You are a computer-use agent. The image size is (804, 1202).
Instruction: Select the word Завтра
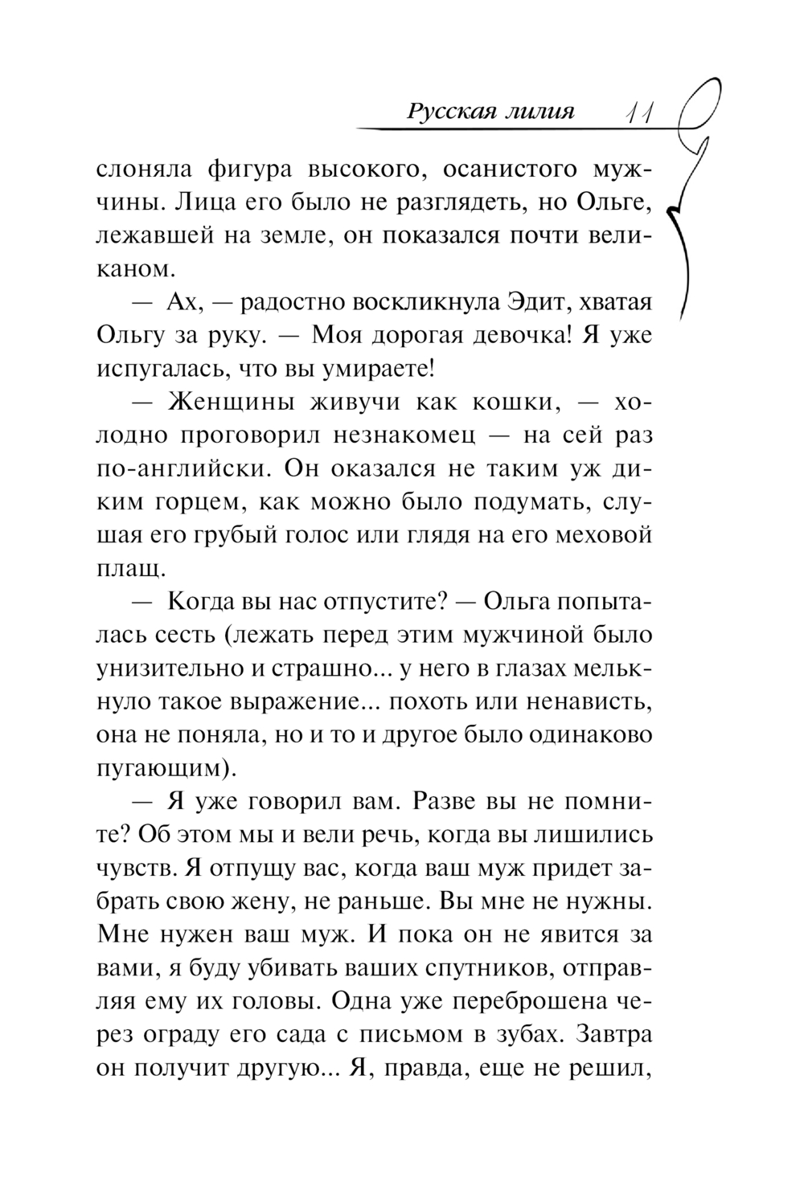[613, 1036]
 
